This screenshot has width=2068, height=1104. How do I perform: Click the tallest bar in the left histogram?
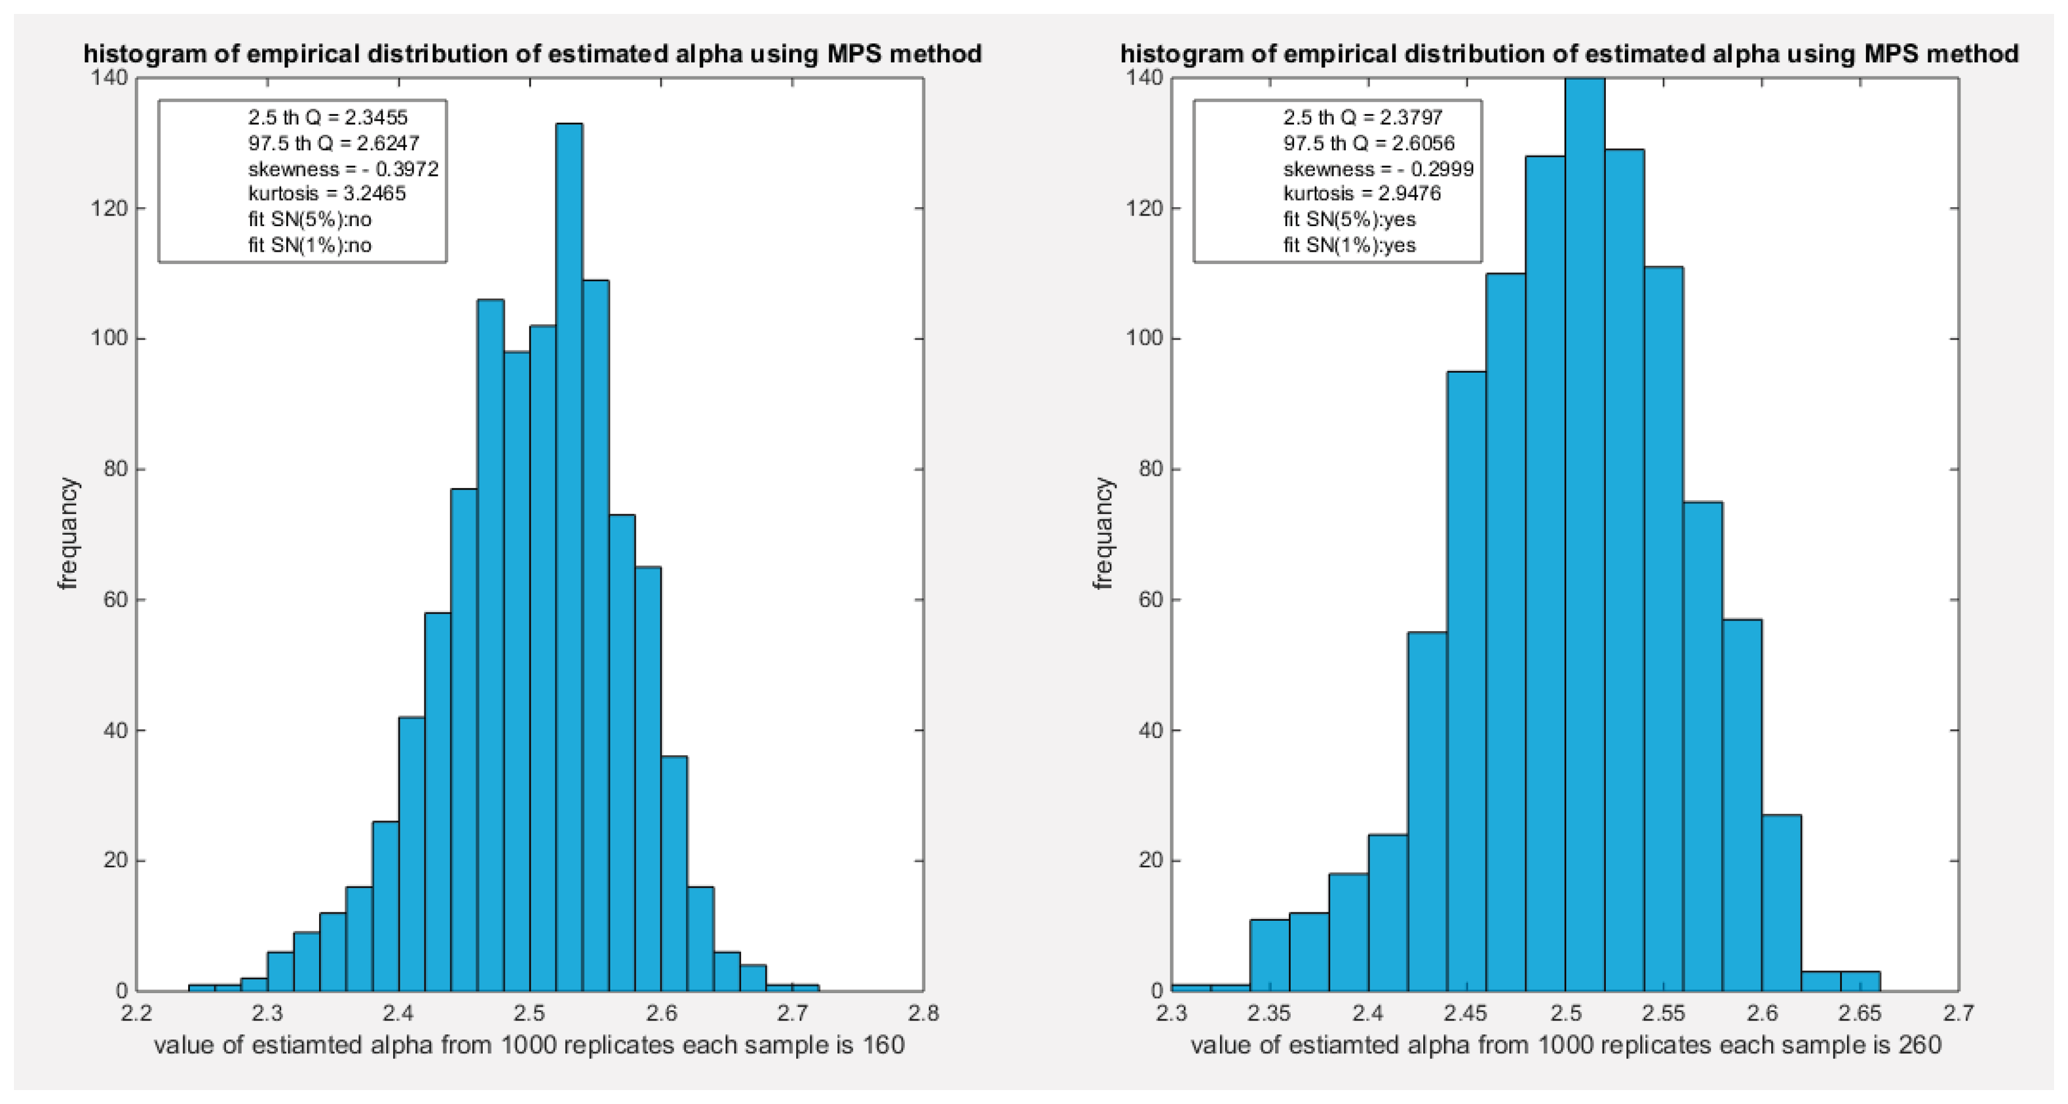(569, 562)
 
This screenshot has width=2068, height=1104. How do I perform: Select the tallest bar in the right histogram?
(1584, 538)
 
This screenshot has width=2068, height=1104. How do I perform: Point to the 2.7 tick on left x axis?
(792, 1013)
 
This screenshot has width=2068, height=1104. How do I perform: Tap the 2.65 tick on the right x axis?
(1860, 1013)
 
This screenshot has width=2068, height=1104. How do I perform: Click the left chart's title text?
(532, 54)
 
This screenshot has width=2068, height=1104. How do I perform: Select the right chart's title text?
(1569, 54)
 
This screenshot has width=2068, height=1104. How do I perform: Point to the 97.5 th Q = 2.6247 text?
(333, 143)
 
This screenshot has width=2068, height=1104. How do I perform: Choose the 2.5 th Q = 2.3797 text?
(1363, 117)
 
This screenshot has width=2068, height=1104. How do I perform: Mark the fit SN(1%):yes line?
(1349, 245)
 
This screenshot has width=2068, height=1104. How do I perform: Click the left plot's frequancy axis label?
(68, 534)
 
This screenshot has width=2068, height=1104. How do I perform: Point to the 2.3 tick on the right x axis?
(1172, 1013)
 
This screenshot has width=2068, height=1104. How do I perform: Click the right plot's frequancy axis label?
(1104, 534)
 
